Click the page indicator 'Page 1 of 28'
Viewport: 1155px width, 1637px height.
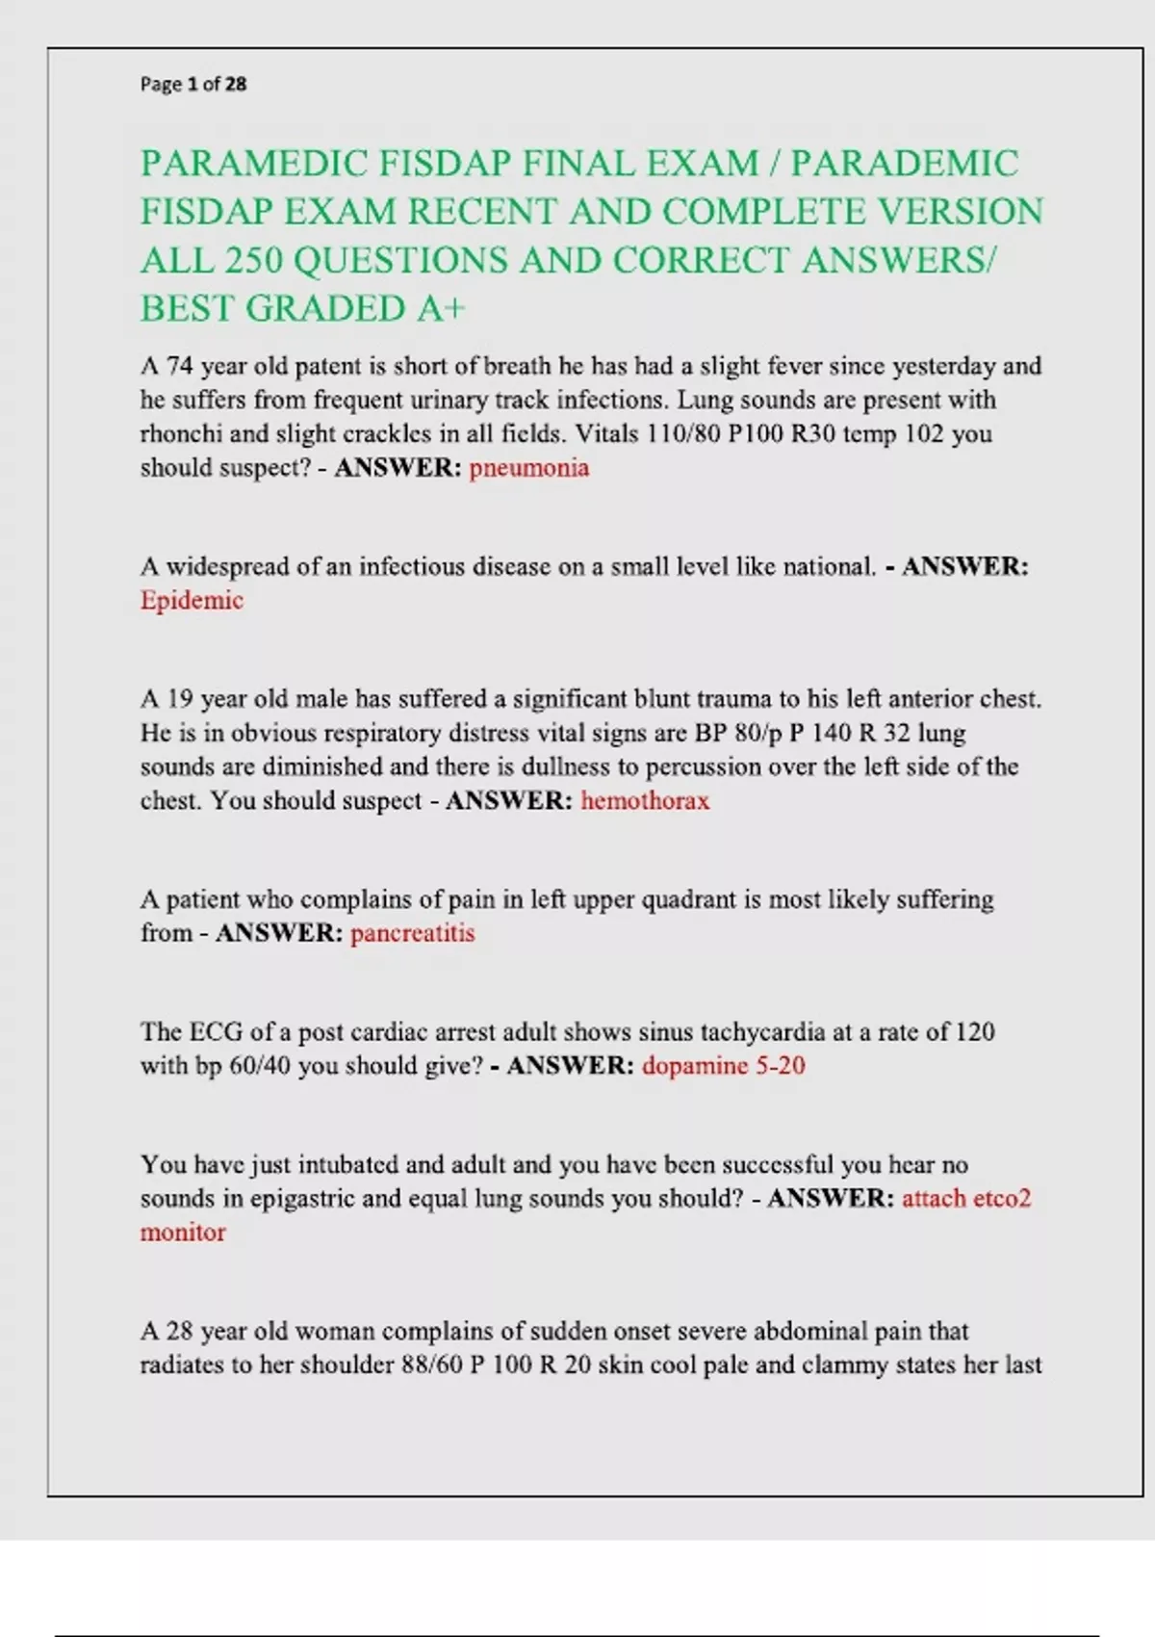pyautogui.click(x=193, y=85)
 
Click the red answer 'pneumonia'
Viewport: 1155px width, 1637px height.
pyautogui.click(x=528, y=468)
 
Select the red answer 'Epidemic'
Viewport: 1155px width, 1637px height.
pyautogui.click(x=192, y=601)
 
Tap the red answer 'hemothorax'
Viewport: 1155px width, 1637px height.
pyautogui.click(x=645, y=801)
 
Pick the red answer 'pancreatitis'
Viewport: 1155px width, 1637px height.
pyautogui.click(x=412, y=933)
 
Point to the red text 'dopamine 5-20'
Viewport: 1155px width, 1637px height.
pyautogui.click(x=723, y=1066)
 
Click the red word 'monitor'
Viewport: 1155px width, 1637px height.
pyautogui.click(x=183, y=1233)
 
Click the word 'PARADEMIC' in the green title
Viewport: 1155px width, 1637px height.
pyautogui.click(x=904, y=164)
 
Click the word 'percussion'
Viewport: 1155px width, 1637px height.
pyautogui.click(x=703, y=767)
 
